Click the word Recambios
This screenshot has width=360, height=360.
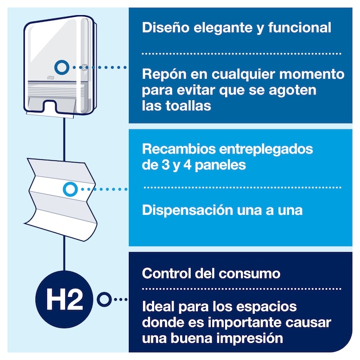[x=179, y=148]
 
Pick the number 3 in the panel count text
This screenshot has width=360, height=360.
[x=165, y=165]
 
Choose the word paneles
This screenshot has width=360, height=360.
[x=220, y=165]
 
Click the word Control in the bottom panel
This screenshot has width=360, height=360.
[x=166, y=273]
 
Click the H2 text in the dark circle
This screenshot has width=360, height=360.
[x=65, y=299]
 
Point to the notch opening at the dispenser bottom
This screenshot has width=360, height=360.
[x=49, y=107]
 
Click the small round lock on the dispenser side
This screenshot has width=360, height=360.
[x=85, y=67]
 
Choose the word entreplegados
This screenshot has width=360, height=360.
[x=266, y=150]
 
